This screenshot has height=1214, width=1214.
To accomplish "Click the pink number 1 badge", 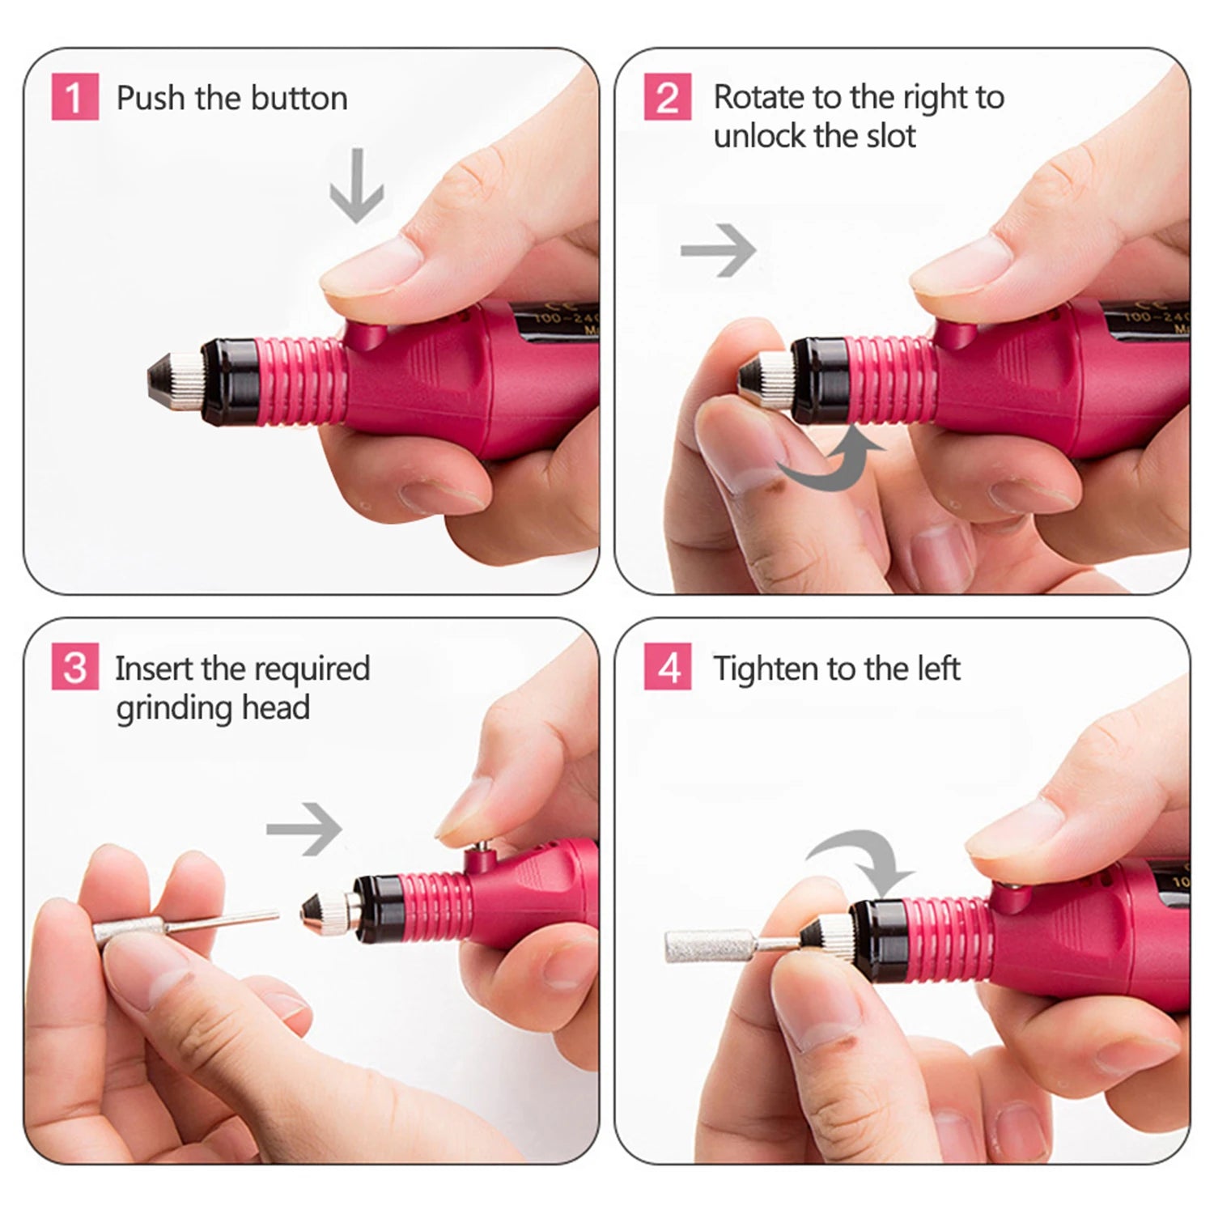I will [74, 97].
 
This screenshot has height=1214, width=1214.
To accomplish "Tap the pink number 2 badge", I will [667, 97].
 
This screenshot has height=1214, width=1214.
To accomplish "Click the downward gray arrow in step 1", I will [356, 186].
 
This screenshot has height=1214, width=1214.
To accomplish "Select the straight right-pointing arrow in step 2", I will [718, 250].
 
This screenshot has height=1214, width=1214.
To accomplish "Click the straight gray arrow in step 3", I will [304, 829].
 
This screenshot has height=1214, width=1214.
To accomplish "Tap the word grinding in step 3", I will [163, 707].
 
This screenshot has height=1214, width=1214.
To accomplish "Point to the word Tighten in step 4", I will [765, 669].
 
